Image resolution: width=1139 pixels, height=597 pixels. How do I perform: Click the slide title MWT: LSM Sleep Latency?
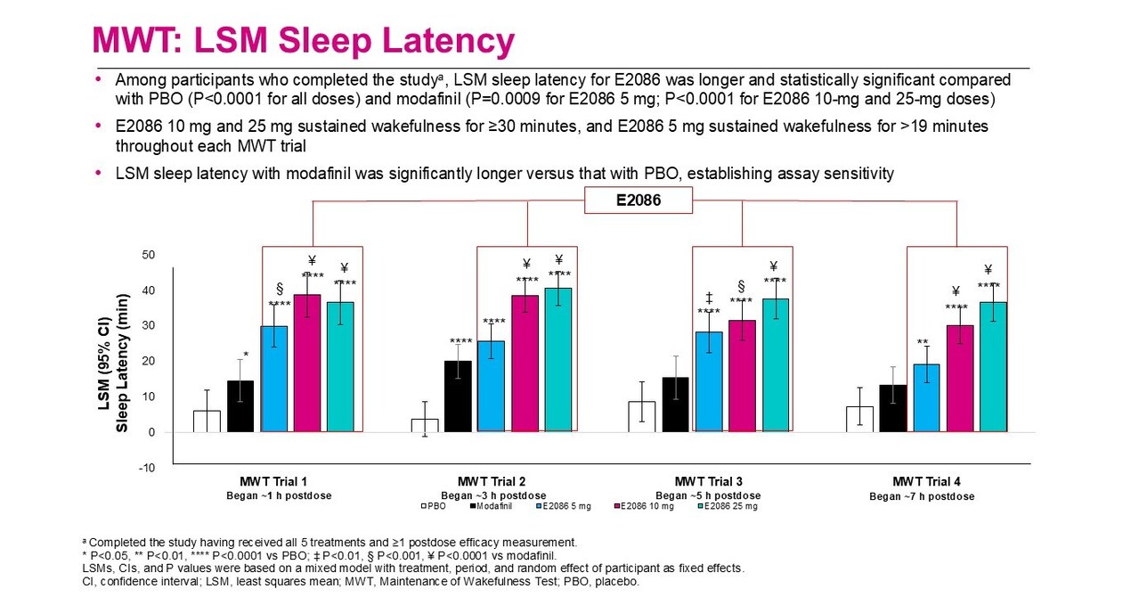pos(304,41)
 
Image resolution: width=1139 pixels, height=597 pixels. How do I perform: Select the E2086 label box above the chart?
pos(639,200)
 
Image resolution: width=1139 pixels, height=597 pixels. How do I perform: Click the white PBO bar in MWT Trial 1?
pos(207,421)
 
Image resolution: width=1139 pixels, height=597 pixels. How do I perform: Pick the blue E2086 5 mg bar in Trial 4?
pos(926,398)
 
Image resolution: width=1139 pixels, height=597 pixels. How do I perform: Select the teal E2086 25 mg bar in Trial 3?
pos(775,365)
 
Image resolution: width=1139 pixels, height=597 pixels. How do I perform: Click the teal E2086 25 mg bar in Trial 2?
pos(557,360)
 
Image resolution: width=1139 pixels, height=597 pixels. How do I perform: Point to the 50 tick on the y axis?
pos(148,255)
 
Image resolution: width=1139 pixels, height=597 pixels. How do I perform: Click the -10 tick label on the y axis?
pos(146,468)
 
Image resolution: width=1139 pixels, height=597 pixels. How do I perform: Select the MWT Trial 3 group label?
pos(708,481)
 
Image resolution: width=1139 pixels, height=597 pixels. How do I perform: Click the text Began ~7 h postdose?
pos(922,496)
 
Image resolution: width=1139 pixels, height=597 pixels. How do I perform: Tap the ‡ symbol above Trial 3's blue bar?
pos(709,298)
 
